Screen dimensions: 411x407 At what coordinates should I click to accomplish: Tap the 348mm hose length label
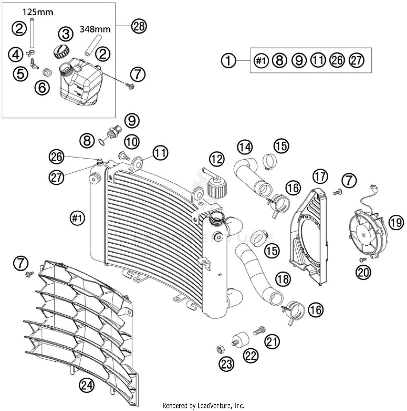[95, 29]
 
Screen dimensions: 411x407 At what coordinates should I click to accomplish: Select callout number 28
[139, 27]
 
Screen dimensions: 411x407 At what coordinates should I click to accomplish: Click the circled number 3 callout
[66, 34]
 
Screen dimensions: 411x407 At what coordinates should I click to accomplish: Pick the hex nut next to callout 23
[220, 350]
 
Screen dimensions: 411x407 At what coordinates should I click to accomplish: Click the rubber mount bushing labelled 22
[241, 339]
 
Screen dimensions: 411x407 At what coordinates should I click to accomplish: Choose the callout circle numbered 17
[320, 176]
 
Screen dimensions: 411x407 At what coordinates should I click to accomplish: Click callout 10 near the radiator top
[132, 142]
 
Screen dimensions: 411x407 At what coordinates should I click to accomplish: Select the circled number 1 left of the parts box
[229, 60]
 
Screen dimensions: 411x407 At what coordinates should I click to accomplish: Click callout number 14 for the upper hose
[245, 147]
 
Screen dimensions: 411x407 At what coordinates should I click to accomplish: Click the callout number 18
[283, 278]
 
